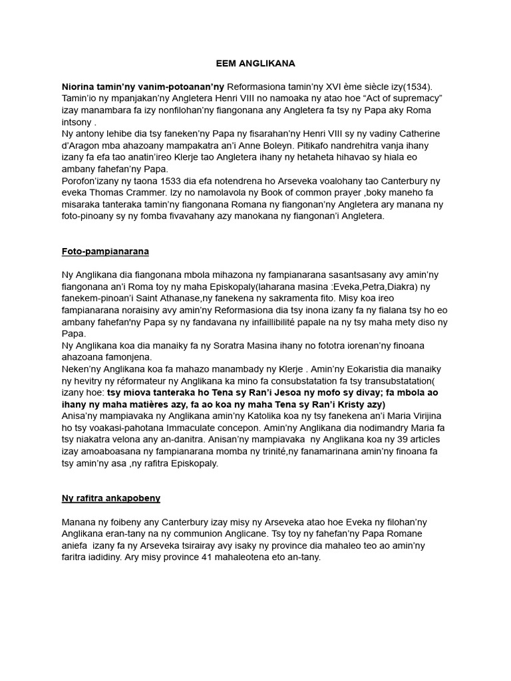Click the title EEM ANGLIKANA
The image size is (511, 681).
tap(255, 64)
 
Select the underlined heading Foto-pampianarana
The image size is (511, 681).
tap(105, 252)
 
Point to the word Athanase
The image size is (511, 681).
tap(174, 299)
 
